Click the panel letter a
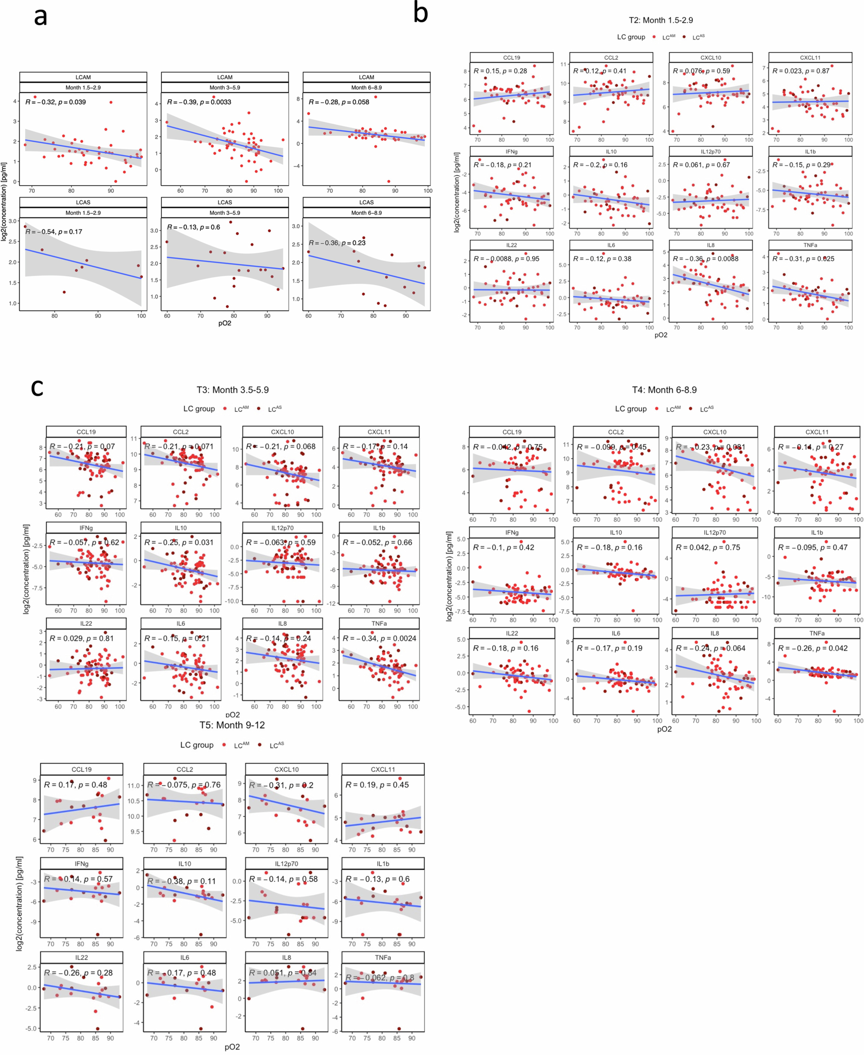point(40,17)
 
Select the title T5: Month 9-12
point(232,725)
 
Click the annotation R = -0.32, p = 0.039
point(56,102)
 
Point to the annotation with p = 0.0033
point(199,102)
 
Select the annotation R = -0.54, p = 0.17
point(54,232)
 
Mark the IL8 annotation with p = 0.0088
point(706,259)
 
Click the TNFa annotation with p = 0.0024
point(379,638)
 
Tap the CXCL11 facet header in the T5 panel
point(383,769)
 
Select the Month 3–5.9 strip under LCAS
point(225,213)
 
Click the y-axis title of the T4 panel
point(449,576)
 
